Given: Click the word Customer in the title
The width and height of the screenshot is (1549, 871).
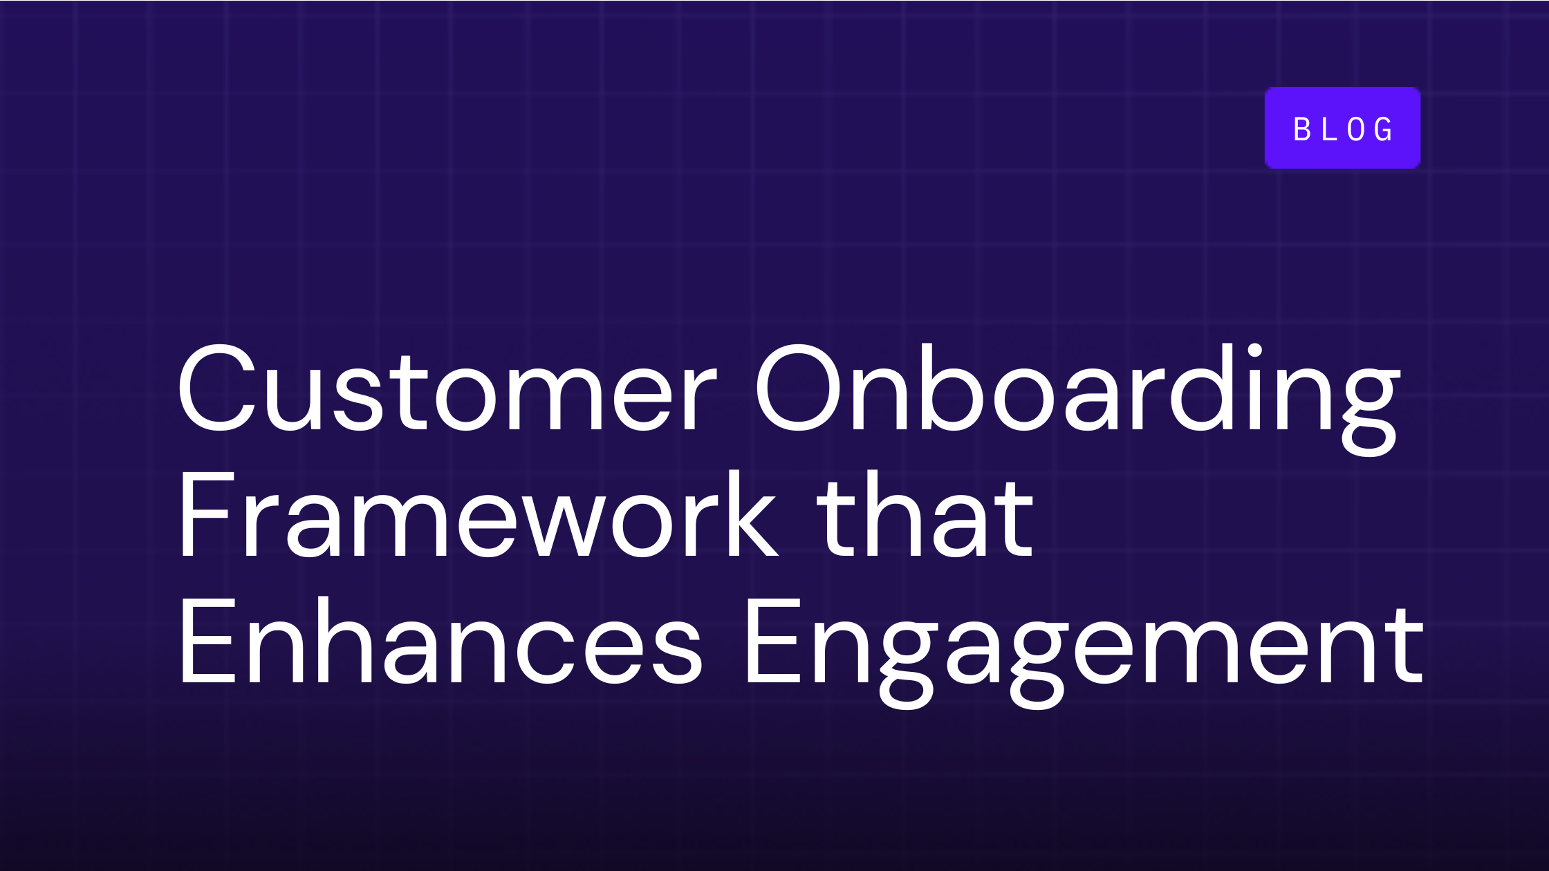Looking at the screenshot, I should (x=446, y=388).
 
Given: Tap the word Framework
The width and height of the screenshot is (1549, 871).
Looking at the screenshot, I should (x=477, y=515).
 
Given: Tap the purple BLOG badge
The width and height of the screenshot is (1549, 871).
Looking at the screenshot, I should (x=1342, y=128).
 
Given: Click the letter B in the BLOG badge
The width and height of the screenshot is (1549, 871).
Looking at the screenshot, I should (x=1302, y=129).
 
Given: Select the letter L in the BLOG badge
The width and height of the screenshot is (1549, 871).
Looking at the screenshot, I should (x=1329, y=129).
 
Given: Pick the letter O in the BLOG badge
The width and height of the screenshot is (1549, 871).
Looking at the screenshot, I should (x=1356, y=129).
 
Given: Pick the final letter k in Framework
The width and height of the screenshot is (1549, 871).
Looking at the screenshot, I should (x=751, y=515).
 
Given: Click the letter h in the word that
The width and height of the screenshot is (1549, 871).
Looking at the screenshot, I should (x=892, y=515).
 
